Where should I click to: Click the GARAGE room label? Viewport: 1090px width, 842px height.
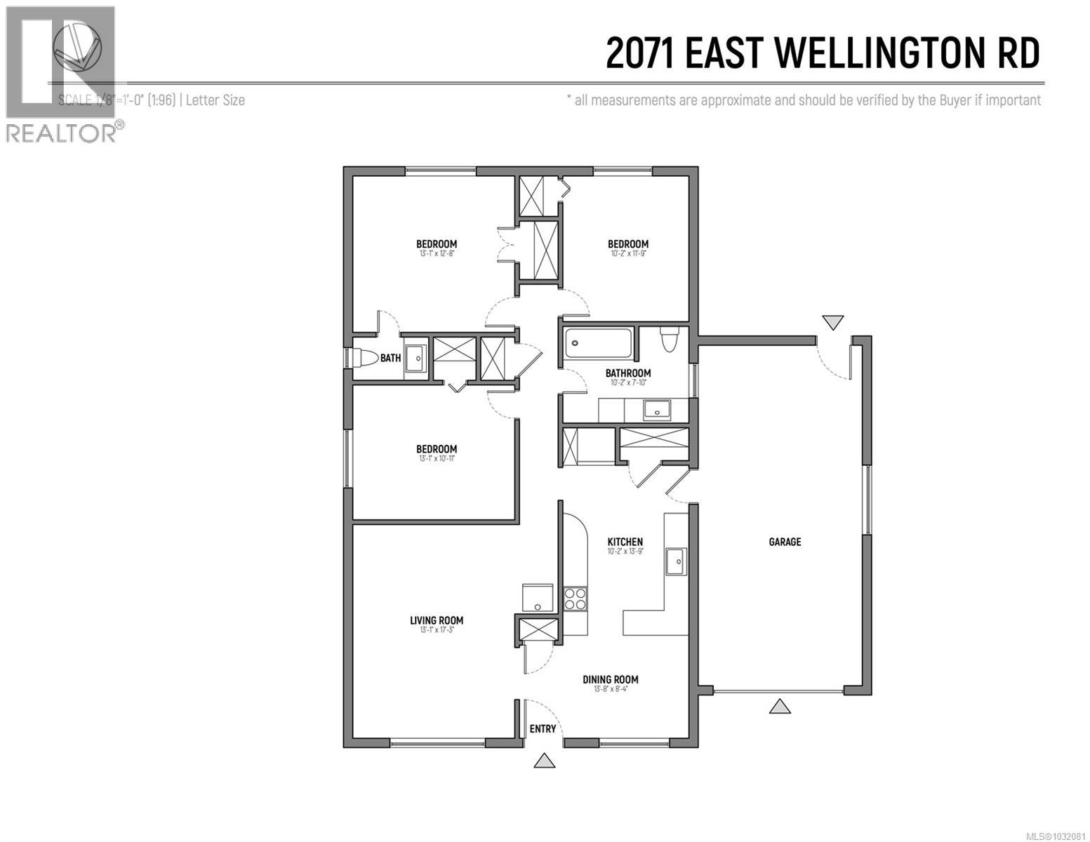(784, 542)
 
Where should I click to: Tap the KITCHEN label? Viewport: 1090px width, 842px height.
(625, 542)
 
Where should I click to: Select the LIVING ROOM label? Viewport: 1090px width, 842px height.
(437, 620)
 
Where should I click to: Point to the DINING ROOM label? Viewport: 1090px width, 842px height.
(610, 679)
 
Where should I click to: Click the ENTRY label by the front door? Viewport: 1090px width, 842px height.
(543, 729)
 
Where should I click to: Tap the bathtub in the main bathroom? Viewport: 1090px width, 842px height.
(597, 342)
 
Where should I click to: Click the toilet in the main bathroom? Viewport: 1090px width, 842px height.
(668, 340)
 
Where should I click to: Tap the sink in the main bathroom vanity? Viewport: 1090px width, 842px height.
(657, 409)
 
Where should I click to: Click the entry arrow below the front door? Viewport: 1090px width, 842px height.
(544, 761)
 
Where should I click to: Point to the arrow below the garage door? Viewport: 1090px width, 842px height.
(780, 707)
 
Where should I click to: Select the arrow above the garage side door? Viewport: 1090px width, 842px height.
(832, 322)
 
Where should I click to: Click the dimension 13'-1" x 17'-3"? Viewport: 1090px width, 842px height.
(437, 630)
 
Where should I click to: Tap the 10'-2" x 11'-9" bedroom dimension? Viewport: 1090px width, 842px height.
(627, 254)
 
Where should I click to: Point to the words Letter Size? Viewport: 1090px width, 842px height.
(215, 100)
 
